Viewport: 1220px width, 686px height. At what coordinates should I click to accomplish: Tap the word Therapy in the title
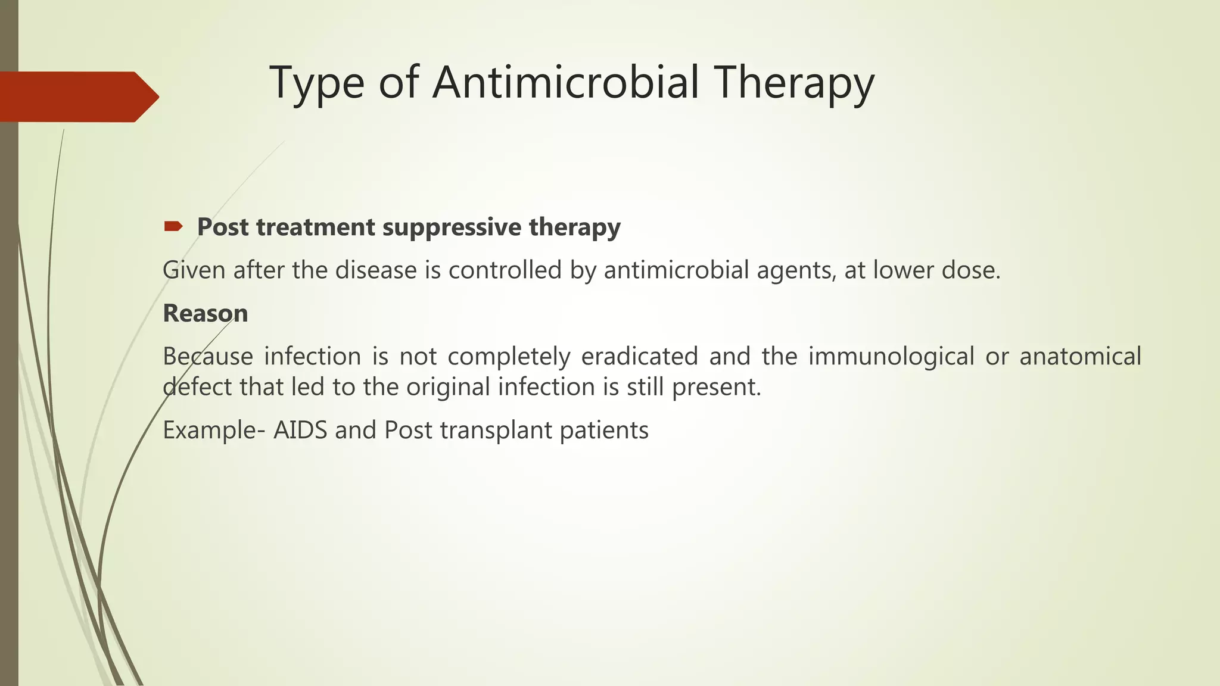click(795, 83)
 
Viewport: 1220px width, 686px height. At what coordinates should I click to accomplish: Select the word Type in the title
click(316, 83)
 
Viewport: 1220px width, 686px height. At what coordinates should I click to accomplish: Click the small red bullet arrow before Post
click(173, 226)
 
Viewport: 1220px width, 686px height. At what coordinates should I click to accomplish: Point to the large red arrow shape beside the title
click(77, 96)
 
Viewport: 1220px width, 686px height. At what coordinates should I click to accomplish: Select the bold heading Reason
click(205, 313)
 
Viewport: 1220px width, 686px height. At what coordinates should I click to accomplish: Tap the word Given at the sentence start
click(194, 270)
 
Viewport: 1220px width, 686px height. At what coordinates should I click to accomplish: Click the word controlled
click(505, 270)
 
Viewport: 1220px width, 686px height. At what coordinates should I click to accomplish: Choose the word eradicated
click(639, 356)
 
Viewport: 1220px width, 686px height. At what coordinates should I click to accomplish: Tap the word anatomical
click(1080, 356)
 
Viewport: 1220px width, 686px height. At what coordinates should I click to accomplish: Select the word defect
click(197, 387)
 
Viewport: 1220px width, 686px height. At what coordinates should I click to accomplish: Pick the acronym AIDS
click(300, 430)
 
